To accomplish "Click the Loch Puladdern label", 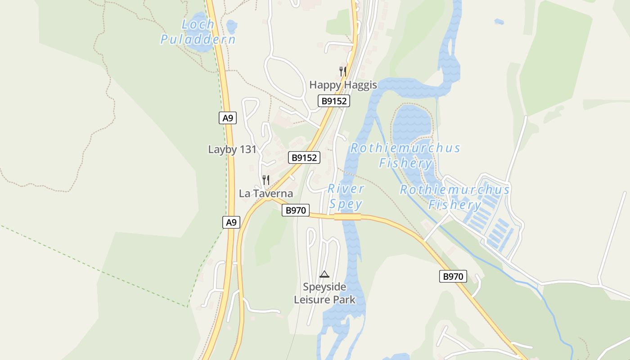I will tap(198, 31).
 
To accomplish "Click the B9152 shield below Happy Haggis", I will tap(334, 101).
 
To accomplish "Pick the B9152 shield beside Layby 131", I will tap(304, 157).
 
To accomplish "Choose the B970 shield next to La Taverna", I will tap(296, 210).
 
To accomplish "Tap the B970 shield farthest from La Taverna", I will tap(453, 276).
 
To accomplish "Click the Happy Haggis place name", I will tap(343, 85).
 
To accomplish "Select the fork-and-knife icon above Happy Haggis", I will tap(343, 71).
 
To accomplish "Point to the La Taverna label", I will tap(266, 193).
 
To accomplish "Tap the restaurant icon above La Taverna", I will tap(266, 180).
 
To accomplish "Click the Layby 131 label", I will tap(232, 149).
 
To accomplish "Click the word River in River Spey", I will tap(346, 189).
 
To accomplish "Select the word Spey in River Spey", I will tap(346, 204).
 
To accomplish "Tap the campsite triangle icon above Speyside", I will tap(324, 274).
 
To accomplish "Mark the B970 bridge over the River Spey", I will tap(347, 217).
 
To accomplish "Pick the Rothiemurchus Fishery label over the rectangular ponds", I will tap(455, 197).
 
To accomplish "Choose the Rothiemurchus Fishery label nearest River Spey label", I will tap(405, 155).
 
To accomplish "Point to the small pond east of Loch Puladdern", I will tap(231, 27).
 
